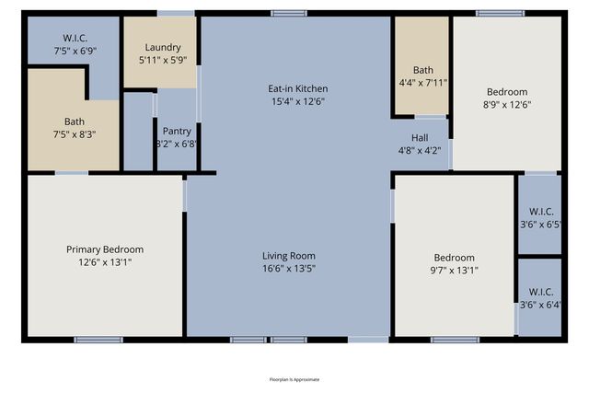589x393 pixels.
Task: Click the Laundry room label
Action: (x=163, y=48)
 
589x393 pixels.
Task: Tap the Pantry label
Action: (x=177, y=131)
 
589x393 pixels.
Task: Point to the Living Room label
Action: (x=290, y=256)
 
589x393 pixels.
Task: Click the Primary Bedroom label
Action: (x=105, y=249)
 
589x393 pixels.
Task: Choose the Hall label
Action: (x=420, y=138)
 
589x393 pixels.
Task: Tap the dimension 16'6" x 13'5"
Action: (x=290, y=269)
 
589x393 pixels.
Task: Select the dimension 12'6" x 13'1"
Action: (x=105, y=262)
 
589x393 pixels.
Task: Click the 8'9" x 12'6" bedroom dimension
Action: (x=507, y=105)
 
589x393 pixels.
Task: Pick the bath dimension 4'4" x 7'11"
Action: (x=423, y=83)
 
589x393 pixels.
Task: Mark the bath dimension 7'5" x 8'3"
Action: (x=74, y=134)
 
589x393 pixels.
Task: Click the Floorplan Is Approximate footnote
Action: (x=294, y=379)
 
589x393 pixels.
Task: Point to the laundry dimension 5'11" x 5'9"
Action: (x=163, y=61)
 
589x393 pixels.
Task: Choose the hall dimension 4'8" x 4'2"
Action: (x=420, y=151)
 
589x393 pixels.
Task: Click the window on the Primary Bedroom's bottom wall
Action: (x=98, y=340)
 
